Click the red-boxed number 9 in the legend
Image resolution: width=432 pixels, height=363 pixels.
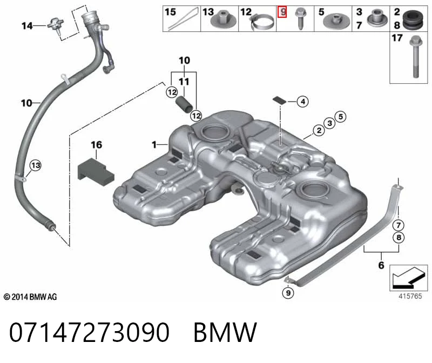pos(282,11)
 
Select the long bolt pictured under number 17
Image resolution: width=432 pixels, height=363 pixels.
pos(415,57)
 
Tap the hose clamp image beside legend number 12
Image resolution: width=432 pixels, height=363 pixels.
pos(262,22)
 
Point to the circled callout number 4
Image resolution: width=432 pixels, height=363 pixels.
pos(302,102)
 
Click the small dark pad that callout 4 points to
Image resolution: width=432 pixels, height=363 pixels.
pos(280,100)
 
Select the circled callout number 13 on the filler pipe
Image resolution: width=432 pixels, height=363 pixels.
pos(36,165)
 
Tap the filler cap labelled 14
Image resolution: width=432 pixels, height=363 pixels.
pos(56,25)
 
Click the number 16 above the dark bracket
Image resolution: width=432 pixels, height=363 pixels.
pos(96,144)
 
